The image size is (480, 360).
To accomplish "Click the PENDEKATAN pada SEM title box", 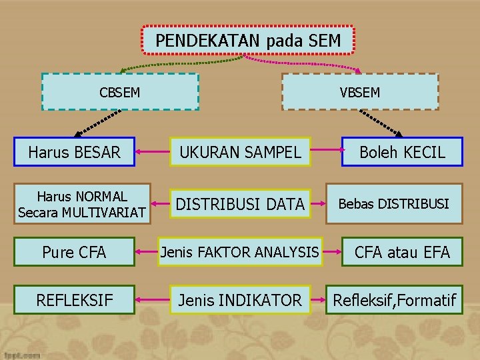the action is [248, 41].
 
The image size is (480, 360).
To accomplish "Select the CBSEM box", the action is [120, 91].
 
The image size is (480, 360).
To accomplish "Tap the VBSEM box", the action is [360, 91].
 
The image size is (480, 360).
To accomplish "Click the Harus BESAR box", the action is [74, 152].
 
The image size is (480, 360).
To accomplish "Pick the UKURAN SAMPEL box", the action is [239, 152].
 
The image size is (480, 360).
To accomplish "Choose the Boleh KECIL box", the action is [402, 152].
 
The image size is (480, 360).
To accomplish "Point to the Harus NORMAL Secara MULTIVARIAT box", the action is [82, 204].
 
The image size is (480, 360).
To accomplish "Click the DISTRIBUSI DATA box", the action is [239, 204].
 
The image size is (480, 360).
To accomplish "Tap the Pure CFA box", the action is [74, 252].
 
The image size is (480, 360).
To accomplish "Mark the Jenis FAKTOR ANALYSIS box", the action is [239, 252].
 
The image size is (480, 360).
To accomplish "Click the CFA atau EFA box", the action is [402, 252].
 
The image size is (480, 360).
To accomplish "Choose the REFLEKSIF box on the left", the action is [74, 300].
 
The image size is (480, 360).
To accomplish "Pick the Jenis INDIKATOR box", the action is [239, 300].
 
